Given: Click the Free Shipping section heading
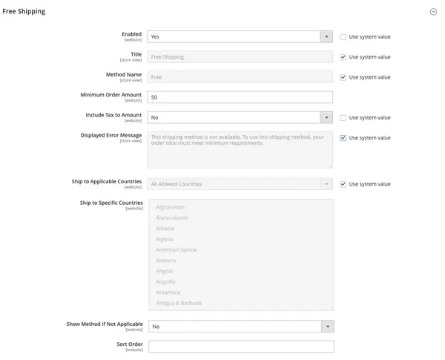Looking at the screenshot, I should tap(24, 11).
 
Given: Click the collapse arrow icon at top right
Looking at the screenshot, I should tap(433, 12).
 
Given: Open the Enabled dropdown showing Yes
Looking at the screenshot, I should tap(240, 36).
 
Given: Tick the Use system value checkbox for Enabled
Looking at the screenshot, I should tap(343, 36).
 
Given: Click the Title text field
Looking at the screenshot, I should tap(240, 56).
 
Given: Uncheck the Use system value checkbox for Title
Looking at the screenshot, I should tap(343, 56).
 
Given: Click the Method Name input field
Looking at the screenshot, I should tap(240, 76).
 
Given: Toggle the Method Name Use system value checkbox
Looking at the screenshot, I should tap(343, 76).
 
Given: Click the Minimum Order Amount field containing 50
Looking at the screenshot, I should tap(240, 97).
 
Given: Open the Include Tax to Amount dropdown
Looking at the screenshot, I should tap(240, 117).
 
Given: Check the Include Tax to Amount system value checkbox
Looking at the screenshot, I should tap(343, 117).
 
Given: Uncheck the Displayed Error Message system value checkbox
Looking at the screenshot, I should tap(343, 137).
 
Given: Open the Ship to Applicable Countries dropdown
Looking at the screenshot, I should tap(240, 184).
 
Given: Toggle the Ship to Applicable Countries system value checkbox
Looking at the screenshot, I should tap(343, 184).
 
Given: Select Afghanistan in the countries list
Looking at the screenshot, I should tap(171, 207).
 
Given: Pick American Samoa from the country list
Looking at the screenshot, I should tap(176, 249).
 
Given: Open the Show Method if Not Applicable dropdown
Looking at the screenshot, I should tap(240, 327).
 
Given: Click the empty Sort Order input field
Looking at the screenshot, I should tap(240, 347).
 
